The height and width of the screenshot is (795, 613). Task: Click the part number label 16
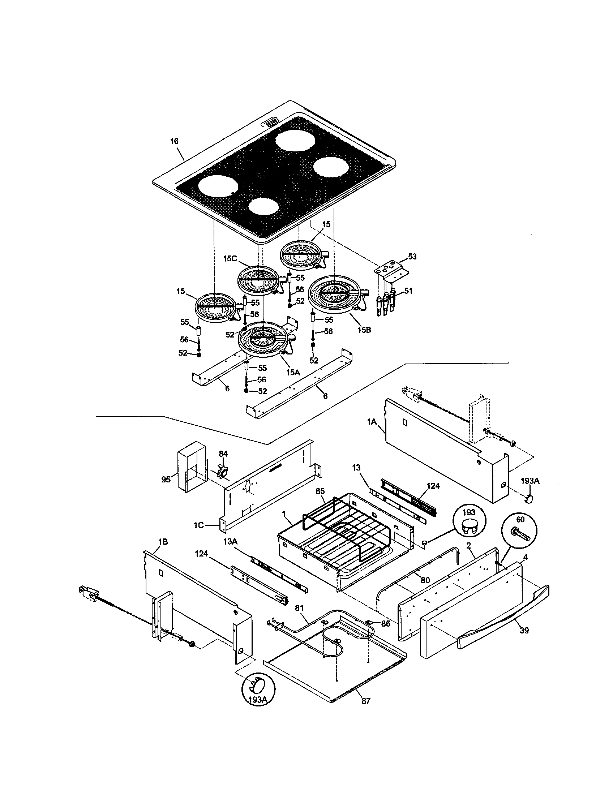[174, 141]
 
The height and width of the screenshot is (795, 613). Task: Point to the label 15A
[293, 371]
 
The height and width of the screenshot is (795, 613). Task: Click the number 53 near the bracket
[412, 257]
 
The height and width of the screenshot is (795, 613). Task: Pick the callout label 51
[408, 291]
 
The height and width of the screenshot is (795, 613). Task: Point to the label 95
[166, 480]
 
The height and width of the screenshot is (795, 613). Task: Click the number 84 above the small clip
[223, 454]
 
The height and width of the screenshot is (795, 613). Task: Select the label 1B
[163, 552]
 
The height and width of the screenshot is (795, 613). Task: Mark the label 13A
[230, 552]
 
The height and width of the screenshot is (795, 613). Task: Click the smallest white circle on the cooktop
[264, 206]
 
